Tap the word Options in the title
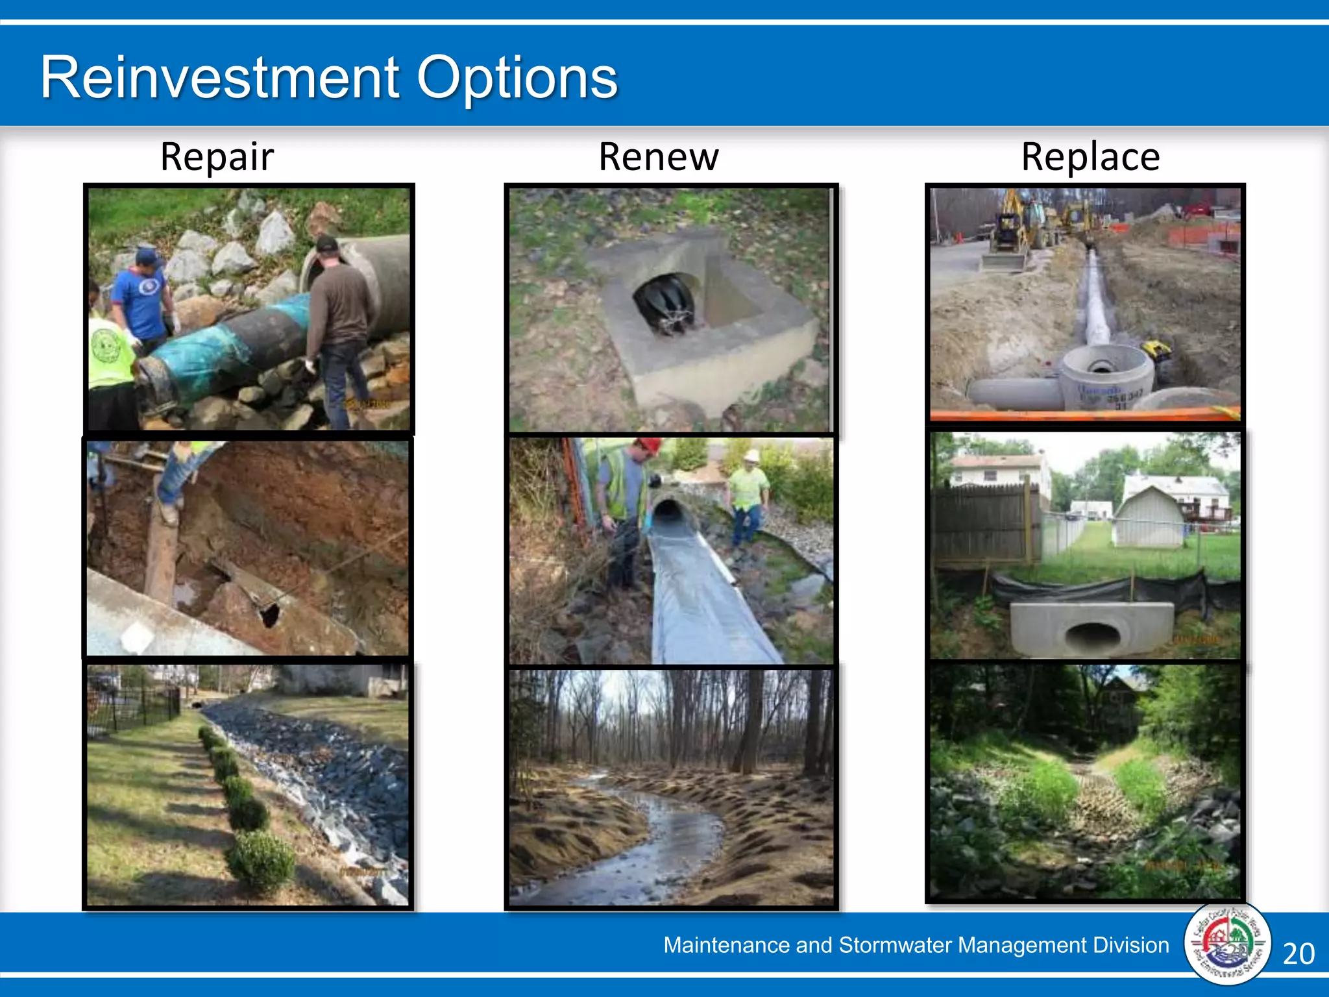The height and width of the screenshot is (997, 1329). click(517, 79)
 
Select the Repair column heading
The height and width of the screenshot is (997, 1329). click(217, 157)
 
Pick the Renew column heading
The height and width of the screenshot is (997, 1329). click(658, 157)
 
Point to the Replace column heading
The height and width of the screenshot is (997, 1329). click(1090, 157)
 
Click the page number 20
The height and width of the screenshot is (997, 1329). click(1299, 954)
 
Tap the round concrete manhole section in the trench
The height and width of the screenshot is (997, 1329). click(1107, 376)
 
